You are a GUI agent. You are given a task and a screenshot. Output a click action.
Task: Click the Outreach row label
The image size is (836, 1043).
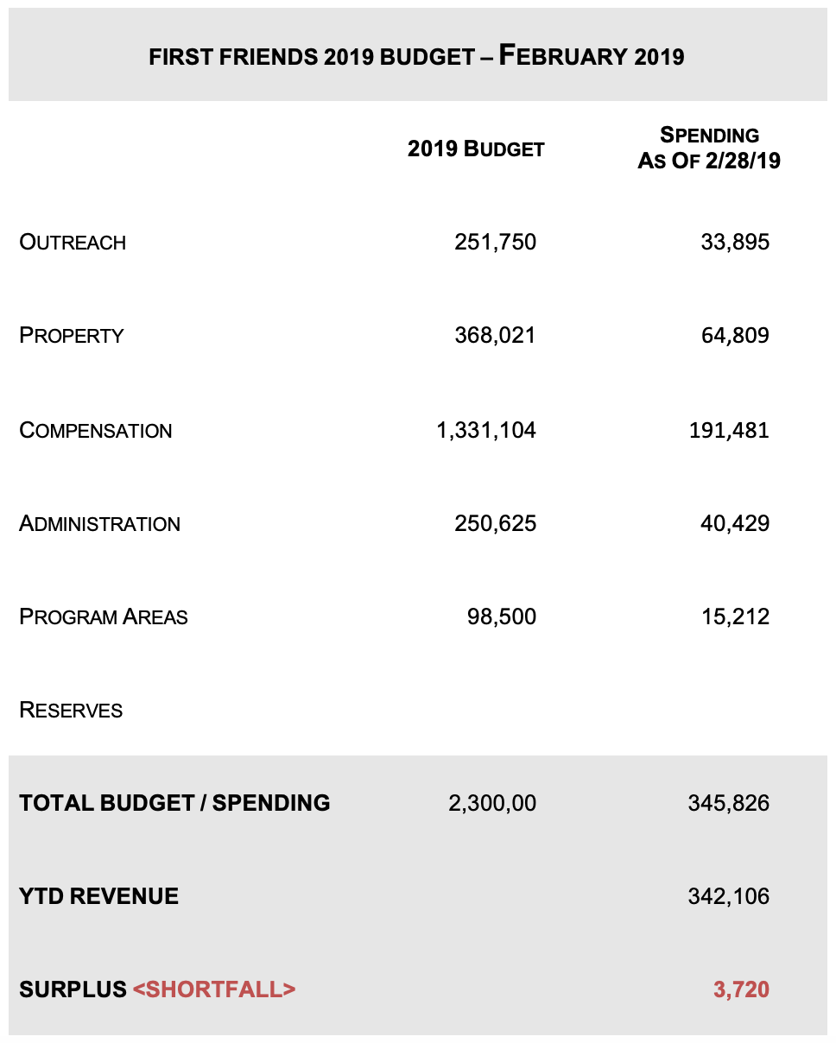[73, 243]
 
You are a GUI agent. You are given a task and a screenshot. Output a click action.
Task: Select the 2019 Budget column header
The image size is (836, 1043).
[476, 149]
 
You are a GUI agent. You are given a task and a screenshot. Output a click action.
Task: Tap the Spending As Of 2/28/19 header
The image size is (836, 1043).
[709, 149]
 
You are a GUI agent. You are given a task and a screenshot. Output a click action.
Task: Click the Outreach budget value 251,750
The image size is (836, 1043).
[495, 242]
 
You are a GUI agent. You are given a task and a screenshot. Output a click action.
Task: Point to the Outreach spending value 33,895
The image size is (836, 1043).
[734, 242]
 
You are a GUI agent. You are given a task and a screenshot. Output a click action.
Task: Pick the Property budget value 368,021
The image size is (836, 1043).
[495, 335]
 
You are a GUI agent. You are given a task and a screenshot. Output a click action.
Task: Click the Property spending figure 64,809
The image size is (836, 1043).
[734, 335]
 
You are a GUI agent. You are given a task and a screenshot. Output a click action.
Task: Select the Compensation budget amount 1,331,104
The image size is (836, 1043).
[486, 430]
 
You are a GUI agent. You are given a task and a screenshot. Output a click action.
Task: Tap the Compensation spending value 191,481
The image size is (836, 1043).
[729, 430]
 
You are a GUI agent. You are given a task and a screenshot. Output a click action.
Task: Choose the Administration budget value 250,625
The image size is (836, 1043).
[495, 523]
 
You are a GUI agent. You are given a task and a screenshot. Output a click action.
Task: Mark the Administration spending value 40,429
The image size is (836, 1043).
[734, 523]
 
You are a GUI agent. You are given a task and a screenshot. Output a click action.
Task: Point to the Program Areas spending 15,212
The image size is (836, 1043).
[734, 616]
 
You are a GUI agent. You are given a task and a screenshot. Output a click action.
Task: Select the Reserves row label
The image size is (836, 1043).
[71, 711]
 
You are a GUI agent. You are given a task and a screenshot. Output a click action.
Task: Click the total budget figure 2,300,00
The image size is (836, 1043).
[492, 804]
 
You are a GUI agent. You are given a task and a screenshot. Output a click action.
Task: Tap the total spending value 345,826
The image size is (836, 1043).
[729, 804]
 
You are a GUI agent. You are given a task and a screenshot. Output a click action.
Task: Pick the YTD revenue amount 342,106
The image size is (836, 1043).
[729, 897]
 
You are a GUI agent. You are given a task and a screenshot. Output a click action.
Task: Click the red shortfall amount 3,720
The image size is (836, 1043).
[741, 989]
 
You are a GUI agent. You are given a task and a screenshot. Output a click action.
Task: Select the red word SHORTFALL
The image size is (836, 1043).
[214, 989]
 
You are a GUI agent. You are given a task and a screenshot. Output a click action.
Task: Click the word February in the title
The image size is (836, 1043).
[563, 57]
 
